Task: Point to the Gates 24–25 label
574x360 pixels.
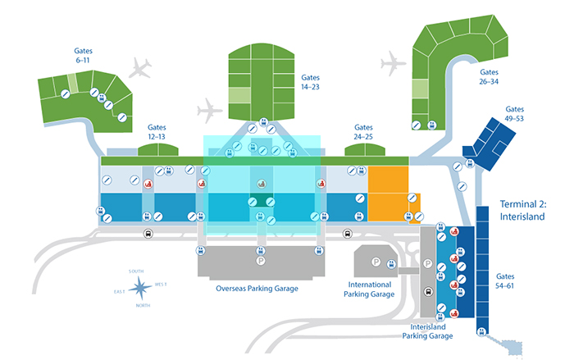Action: pyautogui.click(x=363, y=133)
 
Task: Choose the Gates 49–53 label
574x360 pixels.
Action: pyautogui.click(x=514, y=113)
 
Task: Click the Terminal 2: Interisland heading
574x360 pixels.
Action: pyautogui.click(x=528, y=209)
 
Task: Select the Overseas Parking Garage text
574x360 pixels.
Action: pyautogui.click(x=257, y=289)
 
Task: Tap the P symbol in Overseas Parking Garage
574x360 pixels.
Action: pyautogui.click(x=262, y=262)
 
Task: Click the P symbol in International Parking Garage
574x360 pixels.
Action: pyautogui.click(x=376, y=262)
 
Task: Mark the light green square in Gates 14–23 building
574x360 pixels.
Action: pyautogui.click(x=240, y=93)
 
